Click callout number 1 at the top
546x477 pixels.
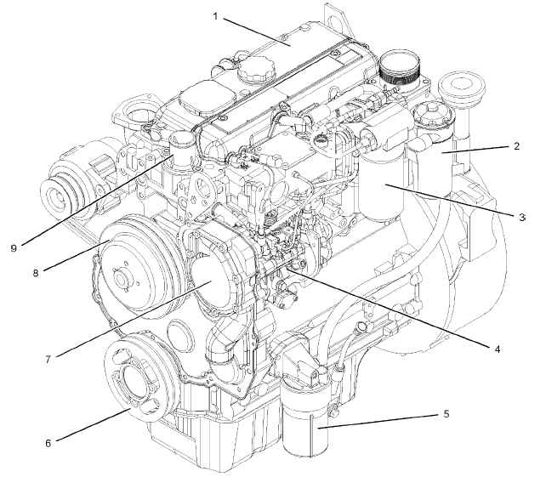[x=215, y=16]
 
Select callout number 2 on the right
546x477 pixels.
[x=517, y=146]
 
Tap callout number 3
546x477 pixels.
[x=521, y=218]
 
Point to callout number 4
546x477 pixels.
[x=498, y=349]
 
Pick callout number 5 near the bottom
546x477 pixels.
[x=446, y=414]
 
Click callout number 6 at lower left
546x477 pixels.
[x=48, y=443]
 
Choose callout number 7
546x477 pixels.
[x=48, y=360]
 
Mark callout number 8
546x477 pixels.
[x=36, y=273]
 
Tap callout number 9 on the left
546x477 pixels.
[x=14, y=248]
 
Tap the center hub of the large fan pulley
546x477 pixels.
[x=121, y=279]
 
